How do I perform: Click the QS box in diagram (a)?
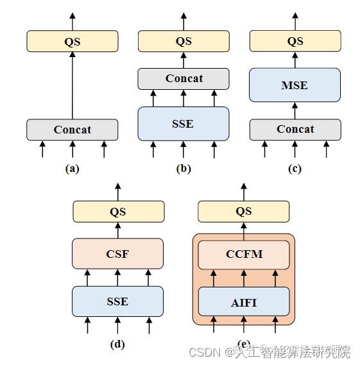[x=72, y=42]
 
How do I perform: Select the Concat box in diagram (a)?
[x=72, y=130]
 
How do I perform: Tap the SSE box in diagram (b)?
[x=183, y=123]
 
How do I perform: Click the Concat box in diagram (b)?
[x=184, y=78]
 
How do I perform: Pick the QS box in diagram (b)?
[x=184, y=42]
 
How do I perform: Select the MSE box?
[x=295, y=85]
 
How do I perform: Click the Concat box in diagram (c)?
[x=295, y=129]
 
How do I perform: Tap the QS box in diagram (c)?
[x=295, y=42]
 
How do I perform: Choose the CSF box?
[x=117, y=254]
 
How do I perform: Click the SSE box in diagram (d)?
[x=117, y=301]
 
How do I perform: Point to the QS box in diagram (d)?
[x=118, y=211]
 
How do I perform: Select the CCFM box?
[x=244, y=254]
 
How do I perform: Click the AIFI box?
[x=244, y=301]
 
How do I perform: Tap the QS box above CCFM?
[x=244, y=211]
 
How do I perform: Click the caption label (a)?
[x=72, y=169]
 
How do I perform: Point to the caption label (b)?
[x=184, y=169]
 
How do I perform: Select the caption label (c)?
[x=295, y=169]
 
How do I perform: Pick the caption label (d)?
[x=117, y=344]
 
